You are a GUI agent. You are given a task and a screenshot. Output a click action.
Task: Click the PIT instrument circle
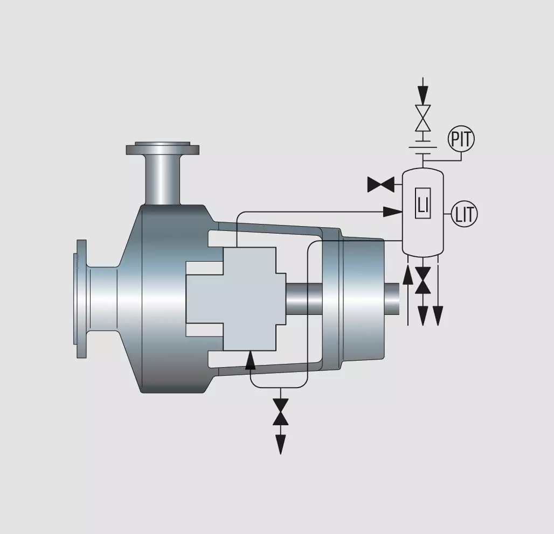pos(461,139)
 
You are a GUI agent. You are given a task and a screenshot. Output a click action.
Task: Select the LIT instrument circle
pos(465,214)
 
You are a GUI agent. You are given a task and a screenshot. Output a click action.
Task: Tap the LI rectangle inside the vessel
pos(423,203)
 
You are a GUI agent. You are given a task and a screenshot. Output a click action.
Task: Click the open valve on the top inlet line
pos(423,118)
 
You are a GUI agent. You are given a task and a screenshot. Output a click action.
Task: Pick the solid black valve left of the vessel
pos(381,184)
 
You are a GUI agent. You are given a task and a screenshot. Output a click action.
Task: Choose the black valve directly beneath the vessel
pos(423,280)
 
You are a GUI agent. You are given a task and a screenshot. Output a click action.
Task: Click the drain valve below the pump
pos(281,411)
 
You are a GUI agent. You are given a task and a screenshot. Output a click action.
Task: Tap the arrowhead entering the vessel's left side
pos(393,212)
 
